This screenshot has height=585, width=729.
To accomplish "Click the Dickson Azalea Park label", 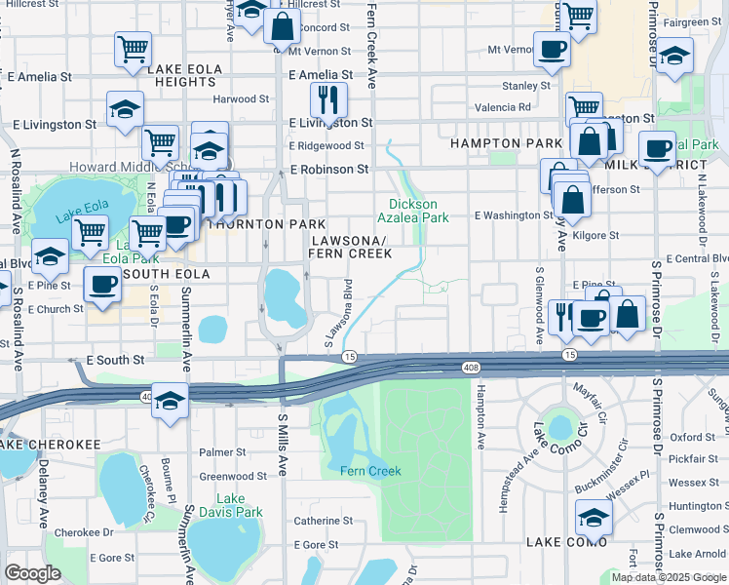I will (413, 211).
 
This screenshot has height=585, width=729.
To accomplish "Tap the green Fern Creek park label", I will (370, 471).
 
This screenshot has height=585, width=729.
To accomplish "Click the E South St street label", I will (115, 360).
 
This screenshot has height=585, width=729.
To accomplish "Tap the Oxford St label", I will (693, 438).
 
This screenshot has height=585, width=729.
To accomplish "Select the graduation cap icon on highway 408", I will (171, 401).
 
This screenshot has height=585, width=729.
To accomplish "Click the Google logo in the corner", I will (32, 573).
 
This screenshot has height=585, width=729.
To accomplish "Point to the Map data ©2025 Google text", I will (669, 577).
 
